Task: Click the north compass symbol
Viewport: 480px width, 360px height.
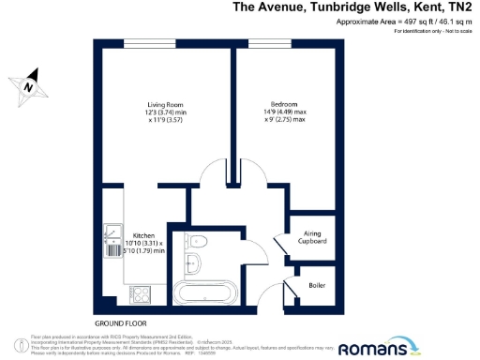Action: [x=30, y=84]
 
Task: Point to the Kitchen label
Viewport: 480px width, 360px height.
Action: [x=142, y=234]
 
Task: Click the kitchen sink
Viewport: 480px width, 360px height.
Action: [x=112, y=232]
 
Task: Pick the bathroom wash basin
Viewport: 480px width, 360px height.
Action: [x=195, y=240]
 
